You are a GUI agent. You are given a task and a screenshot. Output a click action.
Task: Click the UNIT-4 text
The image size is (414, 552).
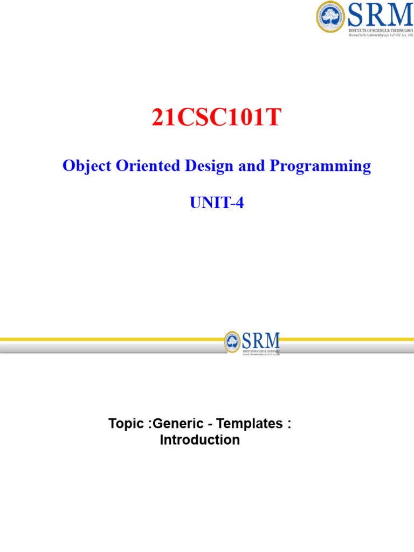tap(217, 203)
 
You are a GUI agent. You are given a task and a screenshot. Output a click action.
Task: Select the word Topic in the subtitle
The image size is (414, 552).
tap(127, 424)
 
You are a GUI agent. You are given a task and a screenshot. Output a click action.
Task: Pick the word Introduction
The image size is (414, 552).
tap(200, 440)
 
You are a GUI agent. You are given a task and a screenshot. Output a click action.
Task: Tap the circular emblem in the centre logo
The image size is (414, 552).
tap(233, 341)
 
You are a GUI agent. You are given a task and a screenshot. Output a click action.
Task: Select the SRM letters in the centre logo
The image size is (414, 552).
tap(261, 340)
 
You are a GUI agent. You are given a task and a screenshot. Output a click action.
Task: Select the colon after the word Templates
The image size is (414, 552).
tap(288, 424)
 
